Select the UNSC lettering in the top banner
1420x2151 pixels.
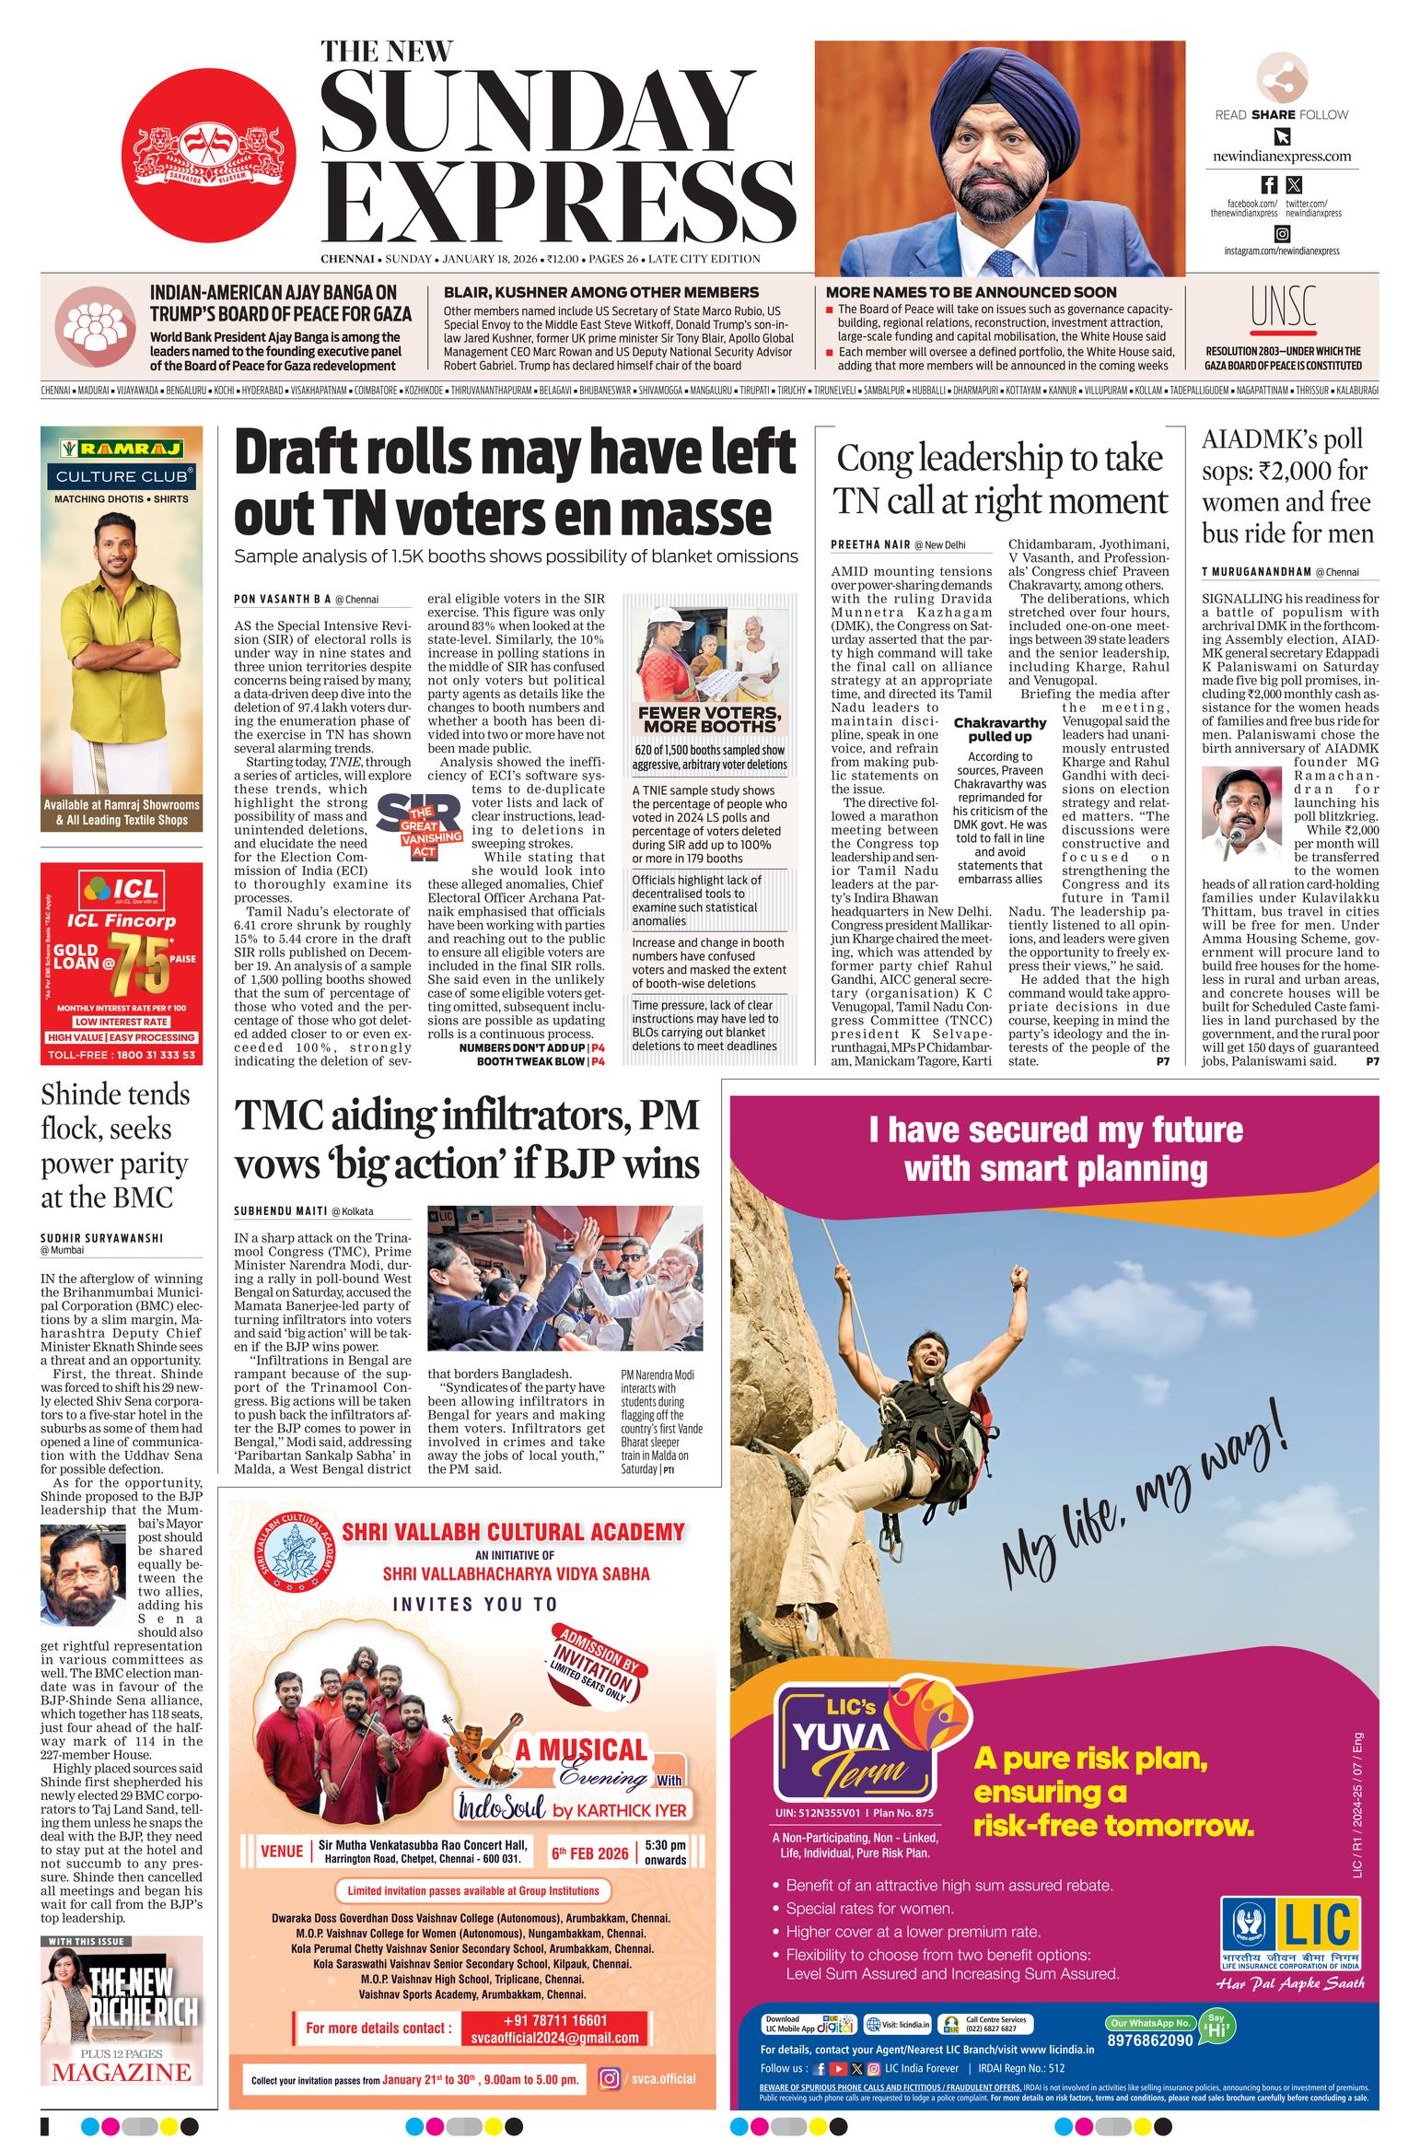[x=1283, y=306]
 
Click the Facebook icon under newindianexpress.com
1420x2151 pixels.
[x=1268, y=184]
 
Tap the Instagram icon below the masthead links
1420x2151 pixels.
[x=1282, y=234]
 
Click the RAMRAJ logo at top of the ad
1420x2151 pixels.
[x=122, y=449]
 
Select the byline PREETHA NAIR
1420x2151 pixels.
[x=870, y=545]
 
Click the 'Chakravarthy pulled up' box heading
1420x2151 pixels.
[x=999, y=730]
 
